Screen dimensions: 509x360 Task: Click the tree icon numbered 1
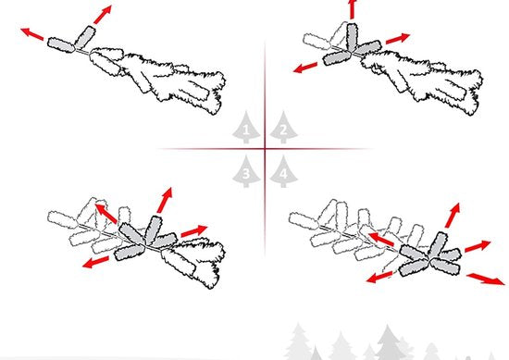[246, 128]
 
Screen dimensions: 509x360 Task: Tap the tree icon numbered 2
[283, 128]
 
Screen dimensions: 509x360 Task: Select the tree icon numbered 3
[246, 171]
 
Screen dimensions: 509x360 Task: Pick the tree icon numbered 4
[283, 171]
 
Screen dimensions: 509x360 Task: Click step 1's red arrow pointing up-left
[32, 33]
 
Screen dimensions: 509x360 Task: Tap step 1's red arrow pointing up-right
[103, 14]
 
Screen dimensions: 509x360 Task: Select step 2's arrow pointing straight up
[352, 9]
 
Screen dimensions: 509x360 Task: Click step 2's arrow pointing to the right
[398, 38]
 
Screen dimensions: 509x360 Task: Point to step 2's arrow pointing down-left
[305, 68]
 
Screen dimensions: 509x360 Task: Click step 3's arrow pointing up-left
[106, 213]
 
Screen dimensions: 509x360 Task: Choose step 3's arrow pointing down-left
[95, 262]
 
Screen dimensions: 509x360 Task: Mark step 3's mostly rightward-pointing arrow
[194, 230]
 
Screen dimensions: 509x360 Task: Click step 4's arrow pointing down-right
[486, 279]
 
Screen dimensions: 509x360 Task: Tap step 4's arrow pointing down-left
[379, 278]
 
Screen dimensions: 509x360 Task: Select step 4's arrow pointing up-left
[381, 240]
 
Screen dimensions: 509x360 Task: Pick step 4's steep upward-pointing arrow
[453, 215]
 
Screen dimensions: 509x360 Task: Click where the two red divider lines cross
[265, 149]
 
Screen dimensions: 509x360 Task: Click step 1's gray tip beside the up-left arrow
[61, 44]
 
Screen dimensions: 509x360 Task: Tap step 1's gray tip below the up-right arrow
[85, 36]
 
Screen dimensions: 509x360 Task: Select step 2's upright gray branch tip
[353, 37]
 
